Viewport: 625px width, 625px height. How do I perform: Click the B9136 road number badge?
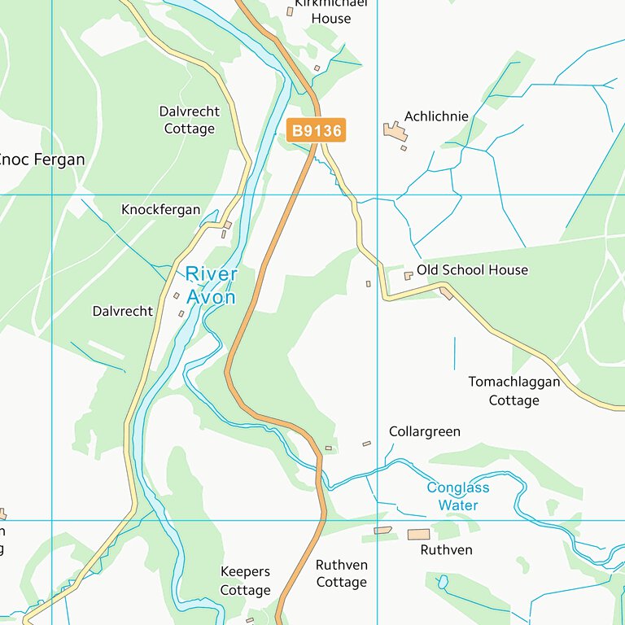316,130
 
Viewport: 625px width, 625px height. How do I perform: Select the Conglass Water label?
458,496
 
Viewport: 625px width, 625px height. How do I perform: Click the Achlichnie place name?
436,116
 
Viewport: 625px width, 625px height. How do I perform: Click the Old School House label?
472,269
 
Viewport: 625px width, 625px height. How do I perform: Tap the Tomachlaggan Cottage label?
514,391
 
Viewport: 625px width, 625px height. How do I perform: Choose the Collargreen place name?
424,431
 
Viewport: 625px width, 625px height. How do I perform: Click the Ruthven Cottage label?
341,573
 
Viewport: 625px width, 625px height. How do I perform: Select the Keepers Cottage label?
245,581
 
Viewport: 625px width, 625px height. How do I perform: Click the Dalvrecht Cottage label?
190,120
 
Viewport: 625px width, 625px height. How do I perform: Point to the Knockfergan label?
160,209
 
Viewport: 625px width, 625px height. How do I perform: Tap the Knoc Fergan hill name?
41,160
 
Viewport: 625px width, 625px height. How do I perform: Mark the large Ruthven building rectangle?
418,534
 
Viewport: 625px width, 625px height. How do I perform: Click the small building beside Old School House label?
409,276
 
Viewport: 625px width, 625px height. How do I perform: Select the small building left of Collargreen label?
366,444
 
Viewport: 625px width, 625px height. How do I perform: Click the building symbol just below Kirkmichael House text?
290,11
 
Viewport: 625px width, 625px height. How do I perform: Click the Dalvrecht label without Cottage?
122,311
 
